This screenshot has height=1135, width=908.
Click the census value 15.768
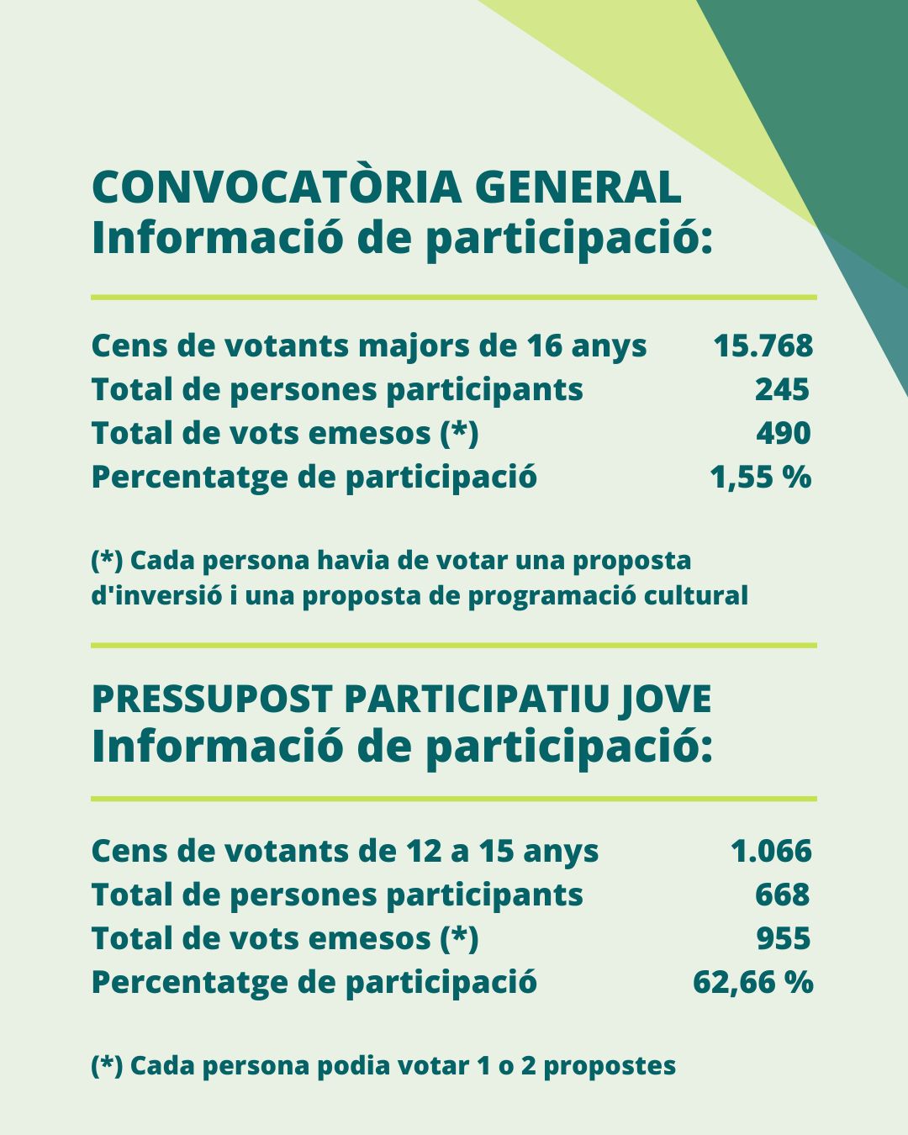(x=763, y=346)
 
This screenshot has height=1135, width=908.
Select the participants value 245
(x=782, y=389)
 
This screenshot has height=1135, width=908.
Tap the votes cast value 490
(x=783, y=433)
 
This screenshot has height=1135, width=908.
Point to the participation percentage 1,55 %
(x=761, y=477)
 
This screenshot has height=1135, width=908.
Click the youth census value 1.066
(x=771, y=851)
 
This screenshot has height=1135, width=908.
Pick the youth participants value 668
(x=782, y=895)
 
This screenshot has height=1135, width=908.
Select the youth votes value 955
(x=783, y=938)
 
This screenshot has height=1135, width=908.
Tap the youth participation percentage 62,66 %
(x=752, y=982)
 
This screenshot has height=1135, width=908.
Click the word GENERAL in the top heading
(x=578, y=187)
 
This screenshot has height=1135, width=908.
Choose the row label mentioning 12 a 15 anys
(x=345, y=851)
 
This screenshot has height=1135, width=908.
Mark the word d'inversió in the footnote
(x=156, y=595)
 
